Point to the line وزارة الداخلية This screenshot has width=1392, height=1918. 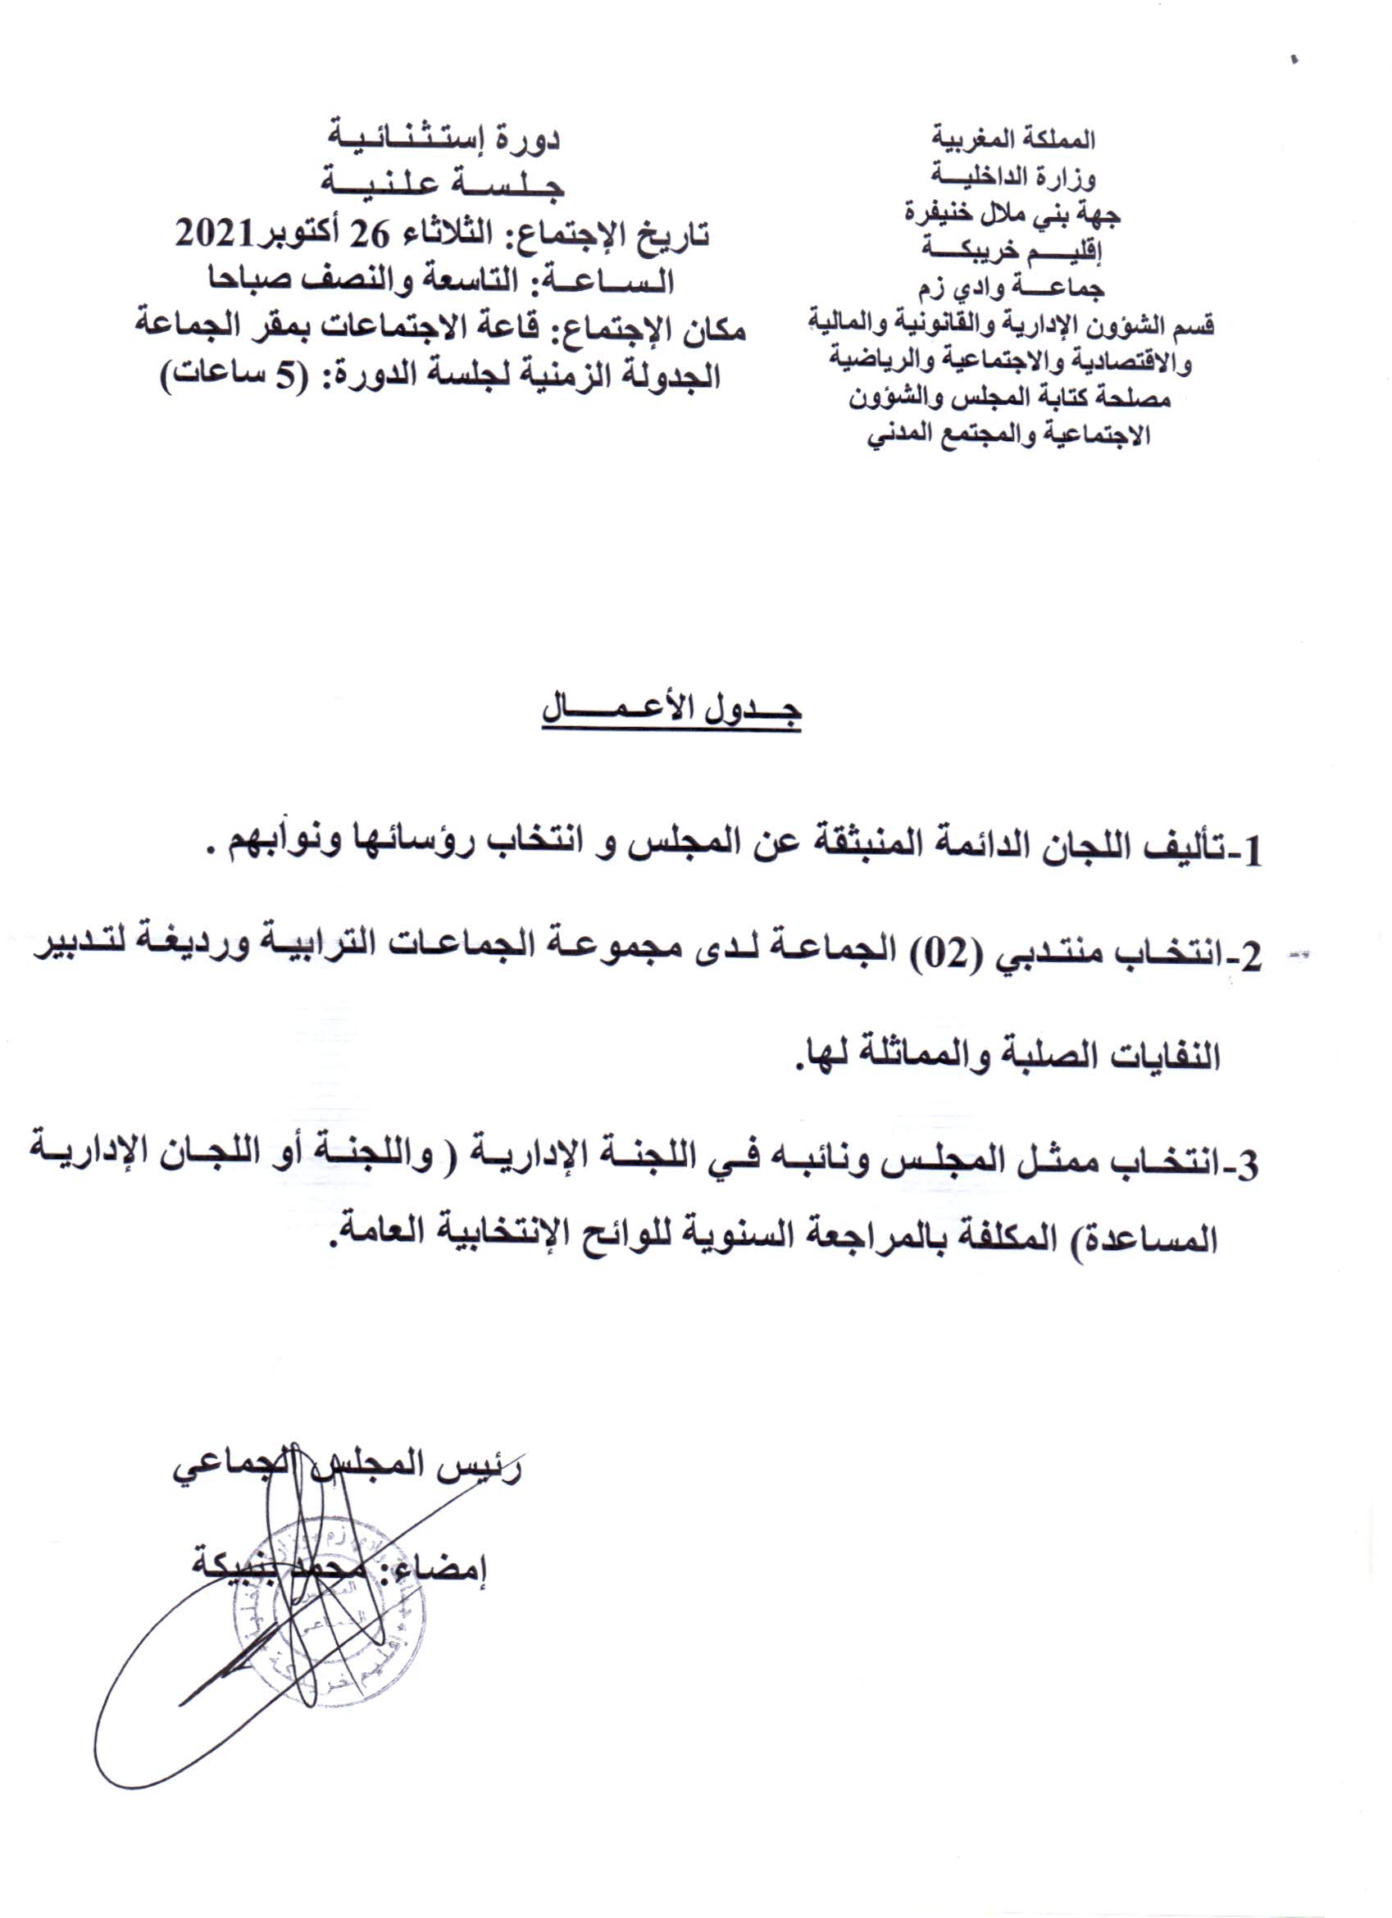[x=1013, y=176]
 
